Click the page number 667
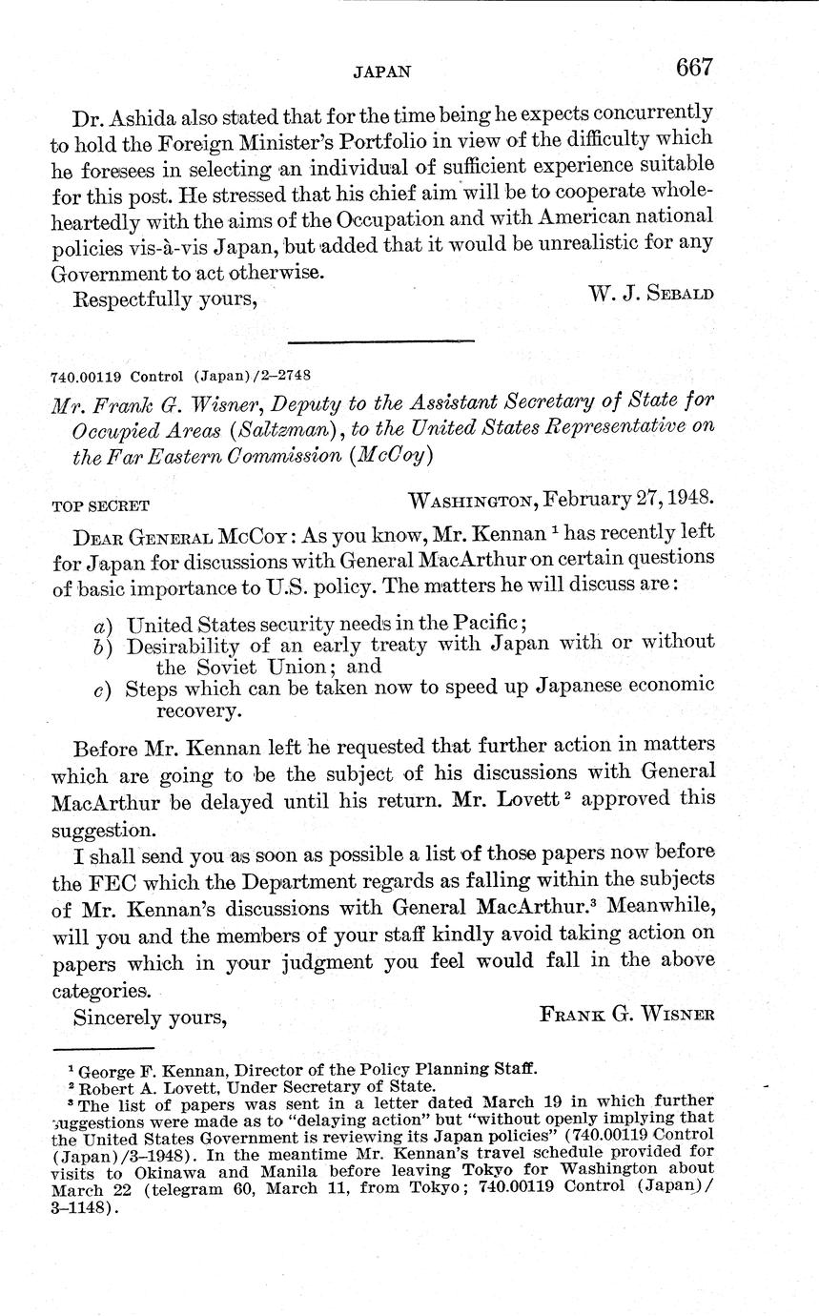pyautogui.click(x=694, y=68)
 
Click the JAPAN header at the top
pyautogui.click(x=382, y=71)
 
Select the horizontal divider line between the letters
pyautogui.click(x=380, y=340)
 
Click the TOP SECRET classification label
pyautogui.click(x=100, y=505)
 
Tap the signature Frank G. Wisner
pyautogui.click(x=627, y=1015)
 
